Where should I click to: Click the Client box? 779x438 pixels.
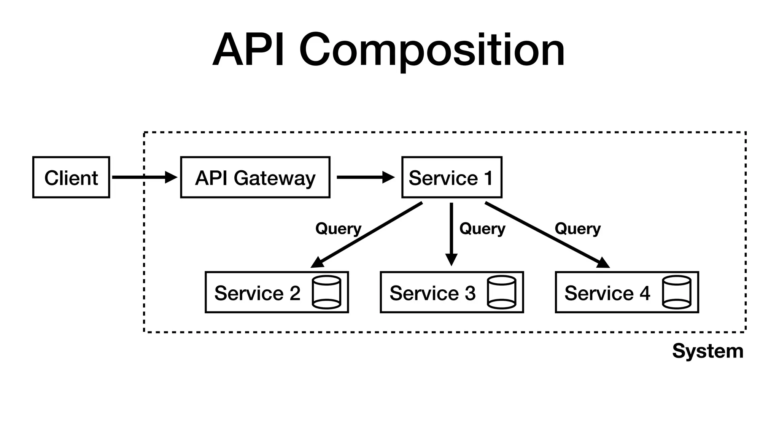71,177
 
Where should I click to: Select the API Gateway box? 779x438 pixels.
255,177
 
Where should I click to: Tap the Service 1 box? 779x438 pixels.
452,177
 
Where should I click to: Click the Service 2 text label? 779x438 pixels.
257,293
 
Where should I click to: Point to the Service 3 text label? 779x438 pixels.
432,293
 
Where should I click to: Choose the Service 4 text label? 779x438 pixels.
607,293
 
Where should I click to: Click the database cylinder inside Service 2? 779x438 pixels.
326,292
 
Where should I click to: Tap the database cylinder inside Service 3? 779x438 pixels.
501,292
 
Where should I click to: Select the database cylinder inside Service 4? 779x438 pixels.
676,292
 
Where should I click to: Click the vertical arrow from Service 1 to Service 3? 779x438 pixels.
451,234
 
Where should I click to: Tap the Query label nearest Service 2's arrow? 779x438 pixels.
338,229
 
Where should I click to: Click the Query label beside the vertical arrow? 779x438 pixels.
482,229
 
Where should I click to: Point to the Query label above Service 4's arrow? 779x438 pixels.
577,229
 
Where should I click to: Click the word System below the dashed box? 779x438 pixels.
707,351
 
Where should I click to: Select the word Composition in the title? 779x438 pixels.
432,50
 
